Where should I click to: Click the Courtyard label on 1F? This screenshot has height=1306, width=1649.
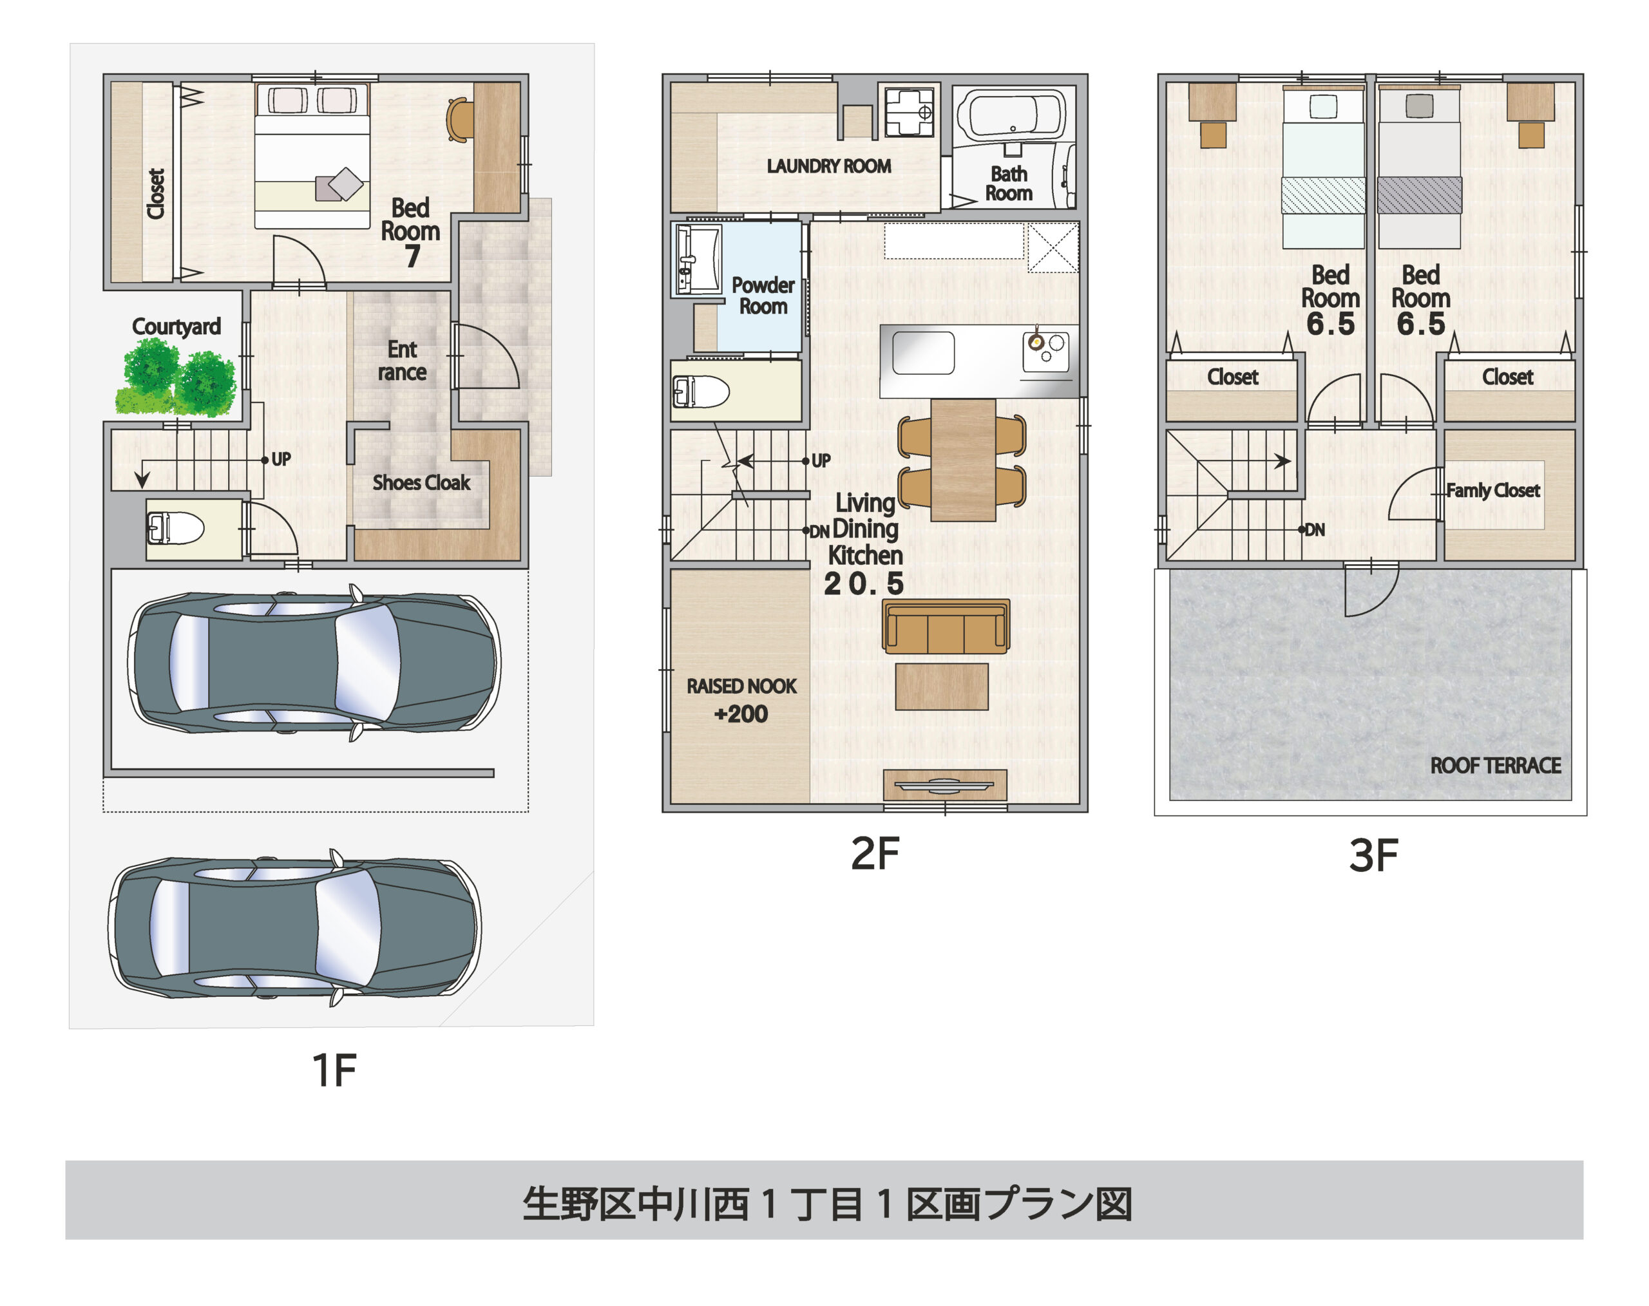click(176, 326)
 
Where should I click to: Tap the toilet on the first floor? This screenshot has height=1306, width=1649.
click(176, 528)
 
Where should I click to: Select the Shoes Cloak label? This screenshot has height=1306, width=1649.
click(421, 482)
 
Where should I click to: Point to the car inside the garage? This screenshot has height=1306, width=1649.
click(314, 663)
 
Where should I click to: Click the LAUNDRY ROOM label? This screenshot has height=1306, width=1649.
click(828, 166)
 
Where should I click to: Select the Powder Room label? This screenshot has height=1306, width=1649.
click(763, 296)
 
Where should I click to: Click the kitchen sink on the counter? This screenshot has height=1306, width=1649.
click(923, 354)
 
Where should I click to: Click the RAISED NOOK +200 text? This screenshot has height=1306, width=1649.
click(741, 699)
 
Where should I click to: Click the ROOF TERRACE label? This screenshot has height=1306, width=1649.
click(1494, 766)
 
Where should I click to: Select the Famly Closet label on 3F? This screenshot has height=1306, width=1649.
click(1492, 490)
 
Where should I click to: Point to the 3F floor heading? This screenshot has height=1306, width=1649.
click(1373, 856)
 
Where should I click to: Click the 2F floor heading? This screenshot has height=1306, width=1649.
click(875, 853)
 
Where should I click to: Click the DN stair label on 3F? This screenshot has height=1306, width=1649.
click(1314, 530)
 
